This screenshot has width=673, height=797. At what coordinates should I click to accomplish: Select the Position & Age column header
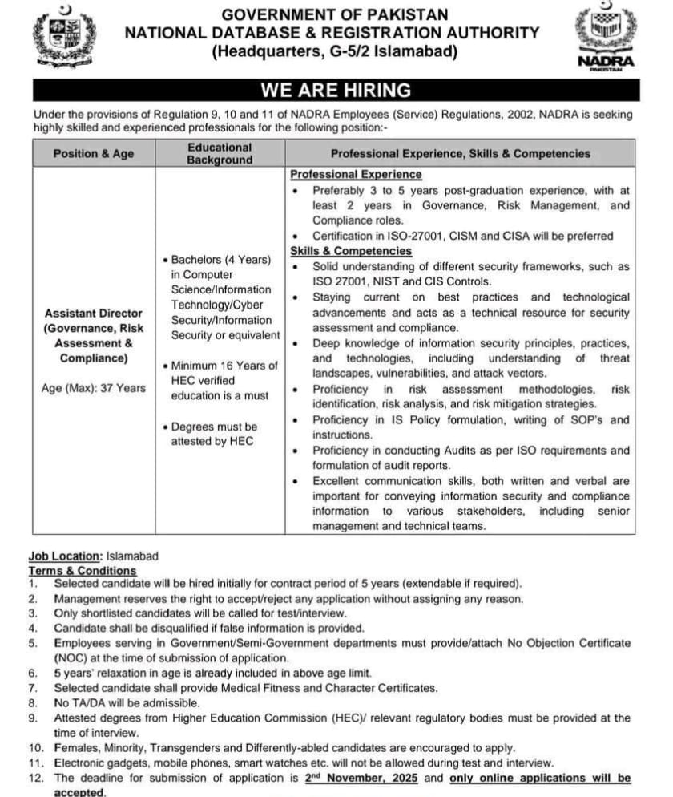coord(94,153)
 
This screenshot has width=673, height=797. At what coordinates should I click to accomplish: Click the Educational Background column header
coord(220,153)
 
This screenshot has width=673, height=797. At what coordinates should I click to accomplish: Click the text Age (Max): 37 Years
coord(94,388)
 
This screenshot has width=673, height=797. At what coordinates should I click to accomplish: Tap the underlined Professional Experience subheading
coord(356,174)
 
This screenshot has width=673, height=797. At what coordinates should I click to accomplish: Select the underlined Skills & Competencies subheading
coord(351,251)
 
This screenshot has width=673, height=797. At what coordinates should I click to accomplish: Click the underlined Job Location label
coord(65,556)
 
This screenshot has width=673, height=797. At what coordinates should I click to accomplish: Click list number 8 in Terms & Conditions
coord(34,703)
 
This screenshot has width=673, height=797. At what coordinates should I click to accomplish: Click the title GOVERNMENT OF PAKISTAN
coord(335,14)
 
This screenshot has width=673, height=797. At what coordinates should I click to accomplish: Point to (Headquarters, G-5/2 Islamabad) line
coord(335,52)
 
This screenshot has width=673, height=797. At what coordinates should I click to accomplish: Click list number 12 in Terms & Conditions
coord(35,778)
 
